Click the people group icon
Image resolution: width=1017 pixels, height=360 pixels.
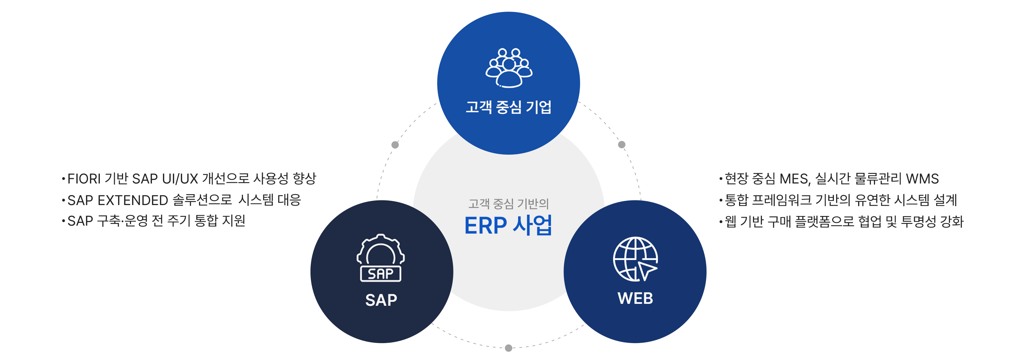click(508, 67)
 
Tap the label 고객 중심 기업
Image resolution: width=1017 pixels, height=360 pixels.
click(508, 107)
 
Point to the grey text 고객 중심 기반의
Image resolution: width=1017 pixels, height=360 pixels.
click(508, 204)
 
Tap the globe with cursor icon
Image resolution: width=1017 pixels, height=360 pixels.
click(635, 259)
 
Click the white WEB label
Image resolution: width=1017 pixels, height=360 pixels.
click(635, 298)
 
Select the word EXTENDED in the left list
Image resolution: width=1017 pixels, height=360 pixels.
click(133, 200)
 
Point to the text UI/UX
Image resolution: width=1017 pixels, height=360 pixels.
click(180, 179)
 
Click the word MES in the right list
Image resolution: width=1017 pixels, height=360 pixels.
click(794, 179)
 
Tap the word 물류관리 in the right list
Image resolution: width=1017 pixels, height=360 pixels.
click(878, 179)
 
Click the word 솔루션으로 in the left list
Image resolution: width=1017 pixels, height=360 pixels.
click(202, 200)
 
